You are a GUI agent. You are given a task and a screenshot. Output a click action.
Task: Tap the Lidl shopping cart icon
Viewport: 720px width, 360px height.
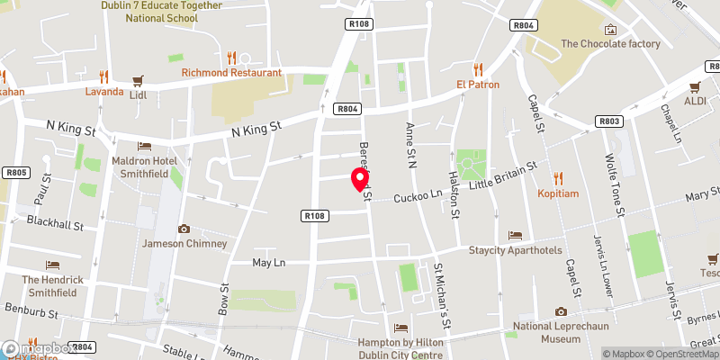138,81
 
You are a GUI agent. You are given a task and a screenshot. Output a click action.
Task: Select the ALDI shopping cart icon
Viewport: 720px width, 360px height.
694,87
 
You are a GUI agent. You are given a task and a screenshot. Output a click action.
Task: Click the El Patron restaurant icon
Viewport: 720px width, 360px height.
478,69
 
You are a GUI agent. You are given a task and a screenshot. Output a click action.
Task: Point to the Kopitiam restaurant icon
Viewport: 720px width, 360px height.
559,178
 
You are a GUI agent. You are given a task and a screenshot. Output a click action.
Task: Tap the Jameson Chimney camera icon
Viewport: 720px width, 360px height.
184,229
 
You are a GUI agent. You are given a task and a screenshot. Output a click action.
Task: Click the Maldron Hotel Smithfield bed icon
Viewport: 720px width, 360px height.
145,146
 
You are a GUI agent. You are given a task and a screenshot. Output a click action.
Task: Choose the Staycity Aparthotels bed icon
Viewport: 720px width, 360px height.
515,236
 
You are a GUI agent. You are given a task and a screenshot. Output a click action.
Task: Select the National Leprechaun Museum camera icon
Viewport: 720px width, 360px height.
535,311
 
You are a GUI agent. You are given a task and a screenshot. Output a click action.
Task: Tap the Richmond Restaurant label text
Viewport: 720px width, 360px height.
231,73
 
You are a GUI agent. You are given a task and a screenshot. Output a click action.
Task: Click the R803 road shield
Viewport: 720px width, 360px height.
609,120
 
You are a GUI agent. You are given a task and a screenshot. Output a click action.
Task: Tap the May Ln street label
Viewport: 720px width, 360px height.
268,262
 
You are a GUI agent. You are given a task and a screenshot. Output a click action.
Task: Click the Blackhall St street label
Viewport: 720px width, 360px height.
54,220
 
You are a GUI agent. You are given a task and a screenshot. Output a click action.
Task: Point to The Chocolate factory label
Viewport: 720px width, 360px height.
610,43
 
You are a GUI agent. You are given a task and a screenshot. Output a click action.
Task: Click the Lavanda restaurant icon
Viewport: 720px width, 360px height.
103,76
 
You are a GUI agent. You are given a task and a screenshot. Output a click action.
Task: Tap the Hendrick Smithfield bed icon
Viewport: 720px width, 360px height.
53,265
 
